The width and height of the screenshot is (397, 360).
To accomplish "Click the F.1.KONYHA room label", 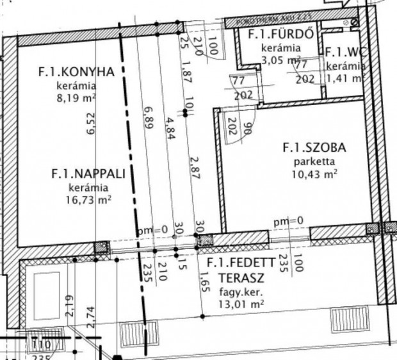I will pos(76,72).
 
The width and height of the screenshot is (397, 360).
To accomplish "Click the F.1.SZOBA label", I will pos(314,148).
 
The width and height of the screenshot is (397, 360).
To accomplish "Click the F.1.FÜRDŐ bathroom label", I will pos(281,35).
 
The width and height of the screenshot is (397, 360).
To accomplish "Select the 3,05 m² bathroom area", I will pos(281,60).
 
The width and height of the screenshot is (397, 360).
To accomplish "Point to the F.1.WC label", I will pos(345,53).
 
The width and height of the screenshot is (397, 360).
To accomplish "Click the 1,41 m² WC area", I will pos(346,78).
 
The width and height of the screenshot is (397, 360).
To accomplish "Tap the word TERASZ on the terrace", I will pos(240,279).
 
